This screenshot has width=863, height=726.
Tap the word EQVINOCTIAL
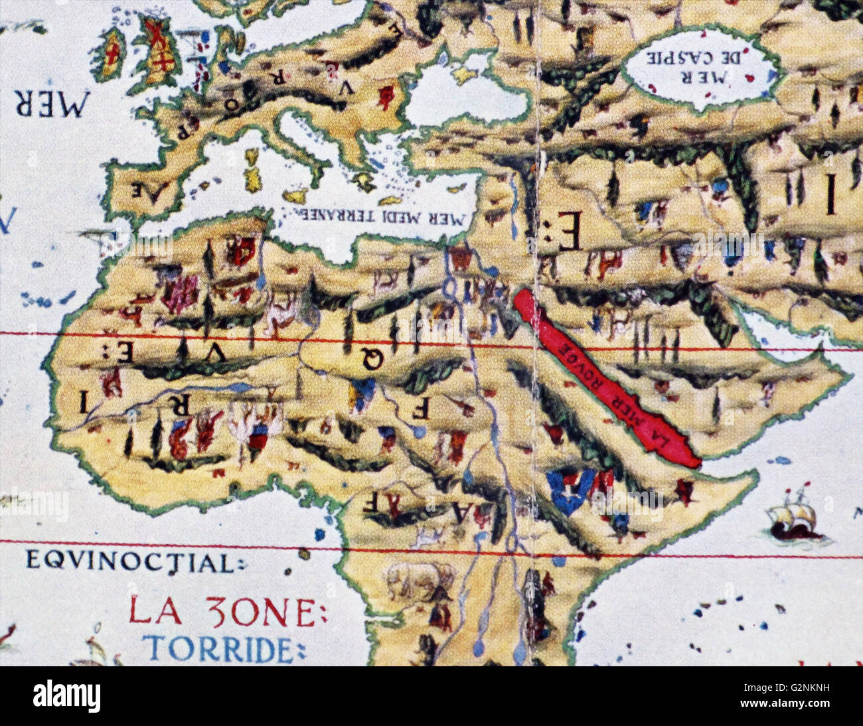click(x=131, y=562)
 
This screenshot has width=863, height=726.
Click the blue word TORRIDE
click(x=219, y=648)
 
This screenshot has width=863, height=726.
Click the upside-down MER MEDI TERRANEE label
click(x=375, y=217)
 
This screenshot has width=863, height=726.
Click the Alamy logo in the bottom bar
click(x=67, y=696)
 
